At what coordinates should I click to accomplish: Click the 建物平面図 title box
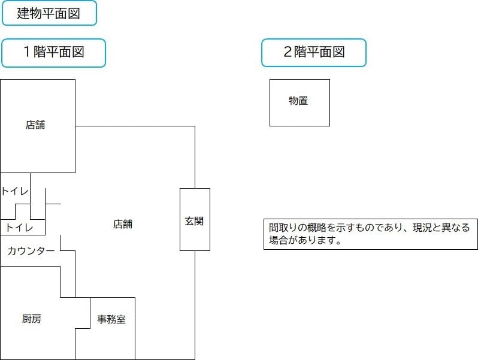click(49, 13)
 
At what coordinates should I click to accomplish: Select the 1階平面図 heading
click(53, 53)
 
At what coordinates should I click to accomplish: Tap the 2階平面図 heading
click(313, 53)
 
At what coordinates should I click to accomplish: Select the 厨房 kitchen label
click(32, 319)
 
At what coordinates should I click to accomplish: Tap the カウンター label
click(31, 251)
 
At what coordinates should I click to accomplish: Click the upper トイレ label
click(14, 191)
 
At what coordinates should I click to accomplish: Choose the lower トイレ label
click(19, 228)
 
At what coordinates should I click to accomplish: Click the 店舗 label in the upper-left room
click(35, 125)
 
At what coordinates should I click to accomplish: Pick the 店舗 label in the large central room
click(123, 225)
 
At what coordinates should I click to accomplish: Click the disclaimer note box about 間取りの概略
click(370, 234)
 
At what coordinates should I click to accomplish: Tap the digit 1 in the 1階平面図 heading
click(26, 52)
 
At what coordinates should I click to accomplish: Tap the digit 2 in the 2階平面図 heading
click(287, 52)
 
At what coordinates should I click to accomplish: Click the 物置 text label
click(298, 101)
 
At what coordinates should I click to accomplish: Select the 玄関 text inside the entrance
click(195, 220)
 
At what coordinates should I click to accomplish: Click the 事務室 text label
click(112, 319)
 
